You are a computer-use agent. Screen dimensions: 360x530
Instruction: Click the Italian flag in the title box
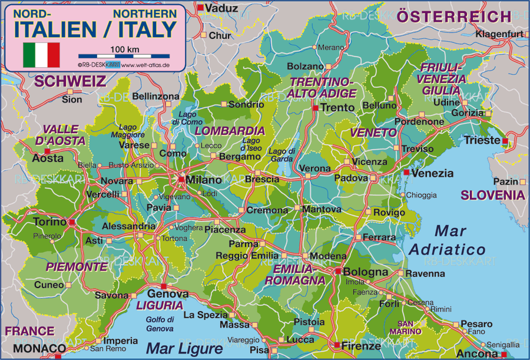(x=41, y=55)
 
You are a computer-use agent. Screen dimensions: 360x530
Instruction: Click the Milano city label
(x=204, y=180)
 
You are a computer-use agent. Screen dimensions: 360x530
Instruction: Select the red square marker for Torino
(x=72, y=223)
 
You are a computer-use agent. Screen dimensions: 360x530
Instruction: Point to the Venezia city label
(x=432, y=173)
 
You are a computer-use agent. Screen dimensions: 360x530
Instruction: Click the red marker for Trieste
(x=505, y=141)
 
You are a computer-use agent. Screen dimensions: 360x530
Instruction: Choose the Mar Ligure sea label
(x=184, y=348)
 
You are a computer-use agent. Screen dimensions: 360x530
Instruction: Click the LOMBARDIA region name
(x=230, y=130)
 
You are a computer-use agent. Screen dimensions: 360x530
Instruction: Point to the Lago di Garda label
(x=281, y=154)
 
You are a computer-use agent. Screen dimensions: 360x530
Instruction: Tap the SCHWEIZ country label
(x=69, y=81)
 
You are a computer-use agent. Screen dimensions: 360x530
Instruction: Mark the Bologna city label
(x=366, y=272)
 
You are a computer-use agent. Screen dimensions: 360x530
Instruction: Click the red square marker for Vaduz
(x=200, y=8)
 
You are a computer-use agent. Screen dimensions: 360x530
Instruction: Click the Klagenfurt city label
(x=499, y=34)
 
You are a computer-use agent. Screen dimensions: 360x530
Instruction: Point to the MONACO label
(x=27, y=348)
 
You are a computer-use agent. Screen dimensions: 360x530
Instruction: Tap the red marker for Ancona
(x=503, y=354)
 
